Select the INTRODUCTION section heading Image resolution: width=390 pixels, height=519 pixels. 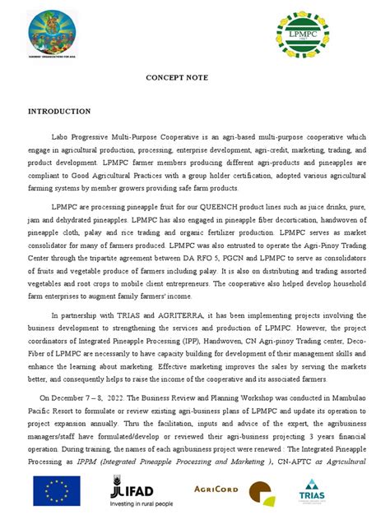click(59, 111)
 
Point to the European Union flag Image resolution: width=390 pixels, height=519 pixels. click(57, 492)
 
